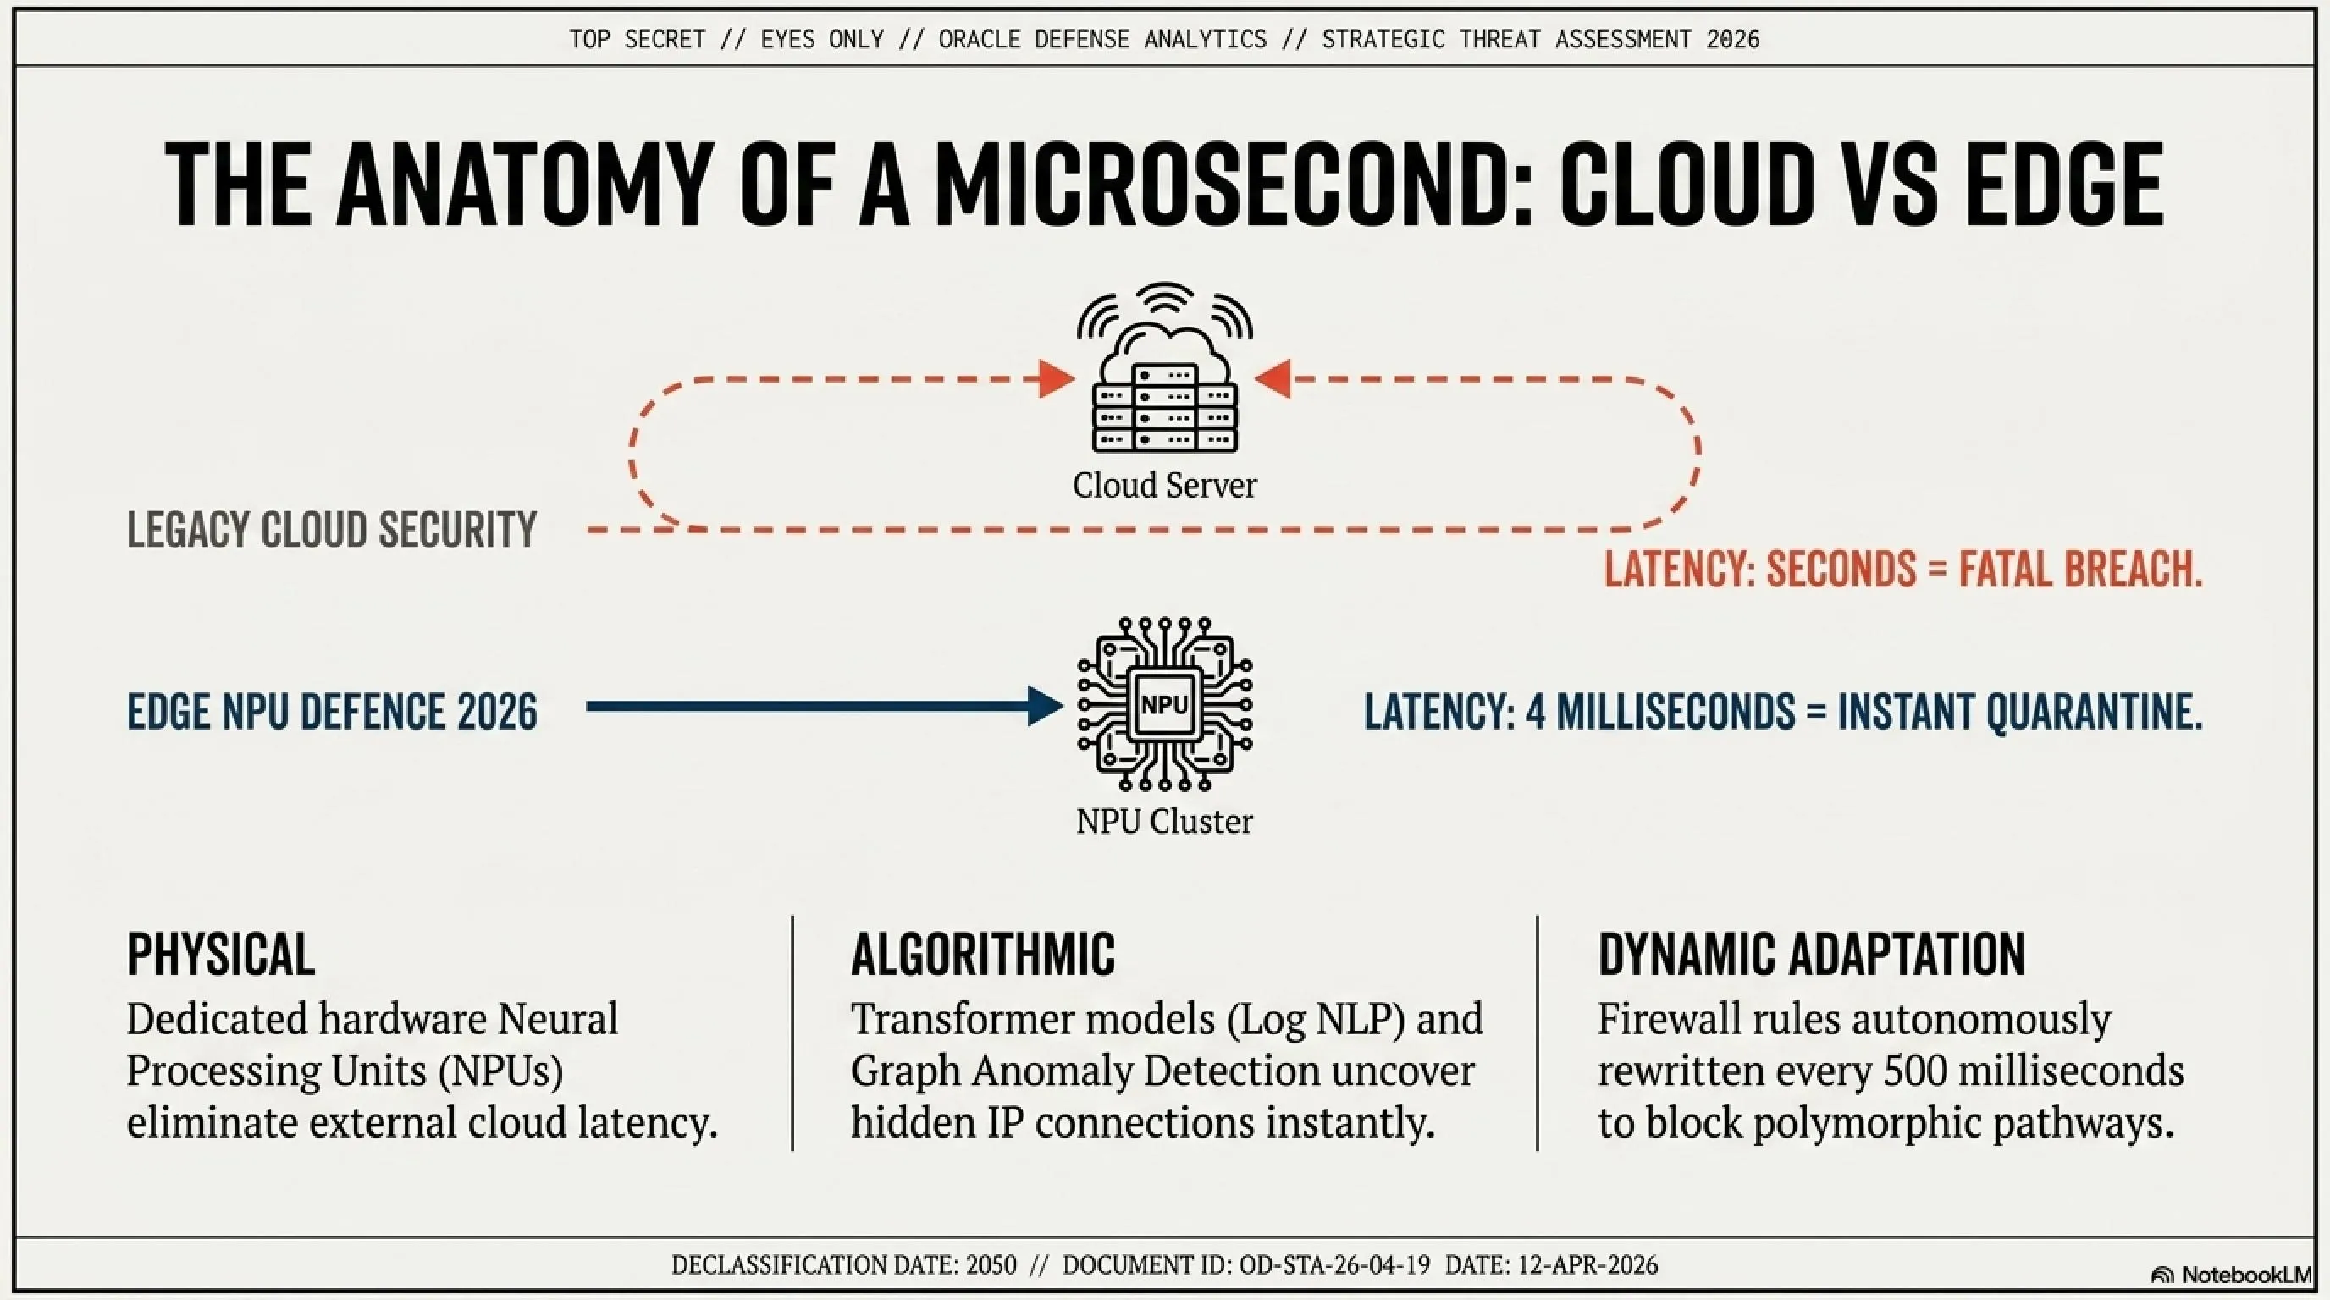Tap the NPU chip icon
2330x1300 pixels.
click(x=1165, y=704)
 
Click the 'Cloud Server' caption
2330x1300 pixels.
click(x=1165, y=486)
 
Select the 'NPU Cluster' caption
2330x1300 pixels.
click(x=1165, y=821)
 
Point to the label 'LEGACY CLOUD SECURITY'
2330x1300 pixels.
click(x=332, y=530)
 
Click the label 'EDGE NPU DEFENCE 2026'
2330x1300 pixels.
click(x=332, y=712)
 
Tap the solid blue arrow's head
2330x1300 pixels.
click(x=1046, y=706)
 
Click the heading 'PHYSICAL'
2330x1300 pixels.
click(x=221, y=954)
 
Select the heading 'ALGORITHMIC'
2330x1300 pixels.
click(x=983, y=954)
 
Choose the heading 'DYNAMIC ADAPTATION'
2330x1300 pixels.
click(x=1812, y=954)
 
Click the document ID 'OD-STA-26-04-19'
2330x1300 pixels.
click(x=1335, y=1264)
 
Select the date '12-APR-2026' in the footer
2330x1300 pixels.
click(x=1587, y=1264)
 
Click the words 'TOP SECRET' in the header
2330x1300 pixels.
click(x=637, y=40)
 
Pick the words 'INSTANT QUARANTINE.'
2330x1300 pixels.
click(x=2021, y=712)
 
